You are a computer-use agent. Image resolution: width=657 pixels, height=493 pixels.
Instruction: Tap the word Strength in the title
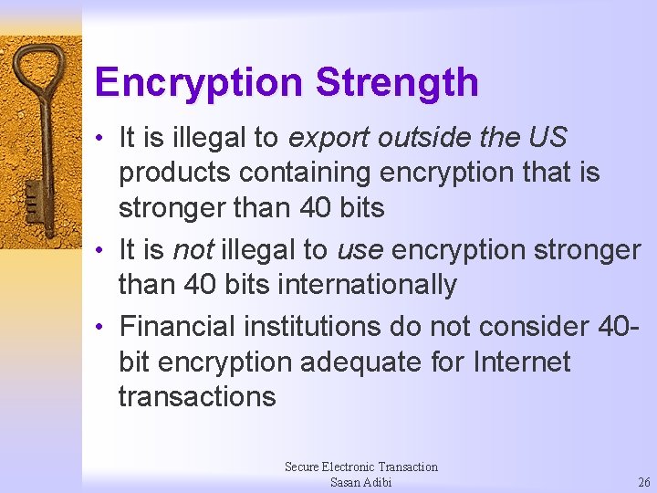(x=397, y=82)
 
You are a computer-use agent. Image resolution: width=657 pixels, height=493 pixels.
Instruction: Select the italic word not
(x=193, y=250)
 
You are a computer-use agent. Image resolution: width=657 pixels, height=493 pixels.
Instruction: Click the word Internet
(x=522, y=362)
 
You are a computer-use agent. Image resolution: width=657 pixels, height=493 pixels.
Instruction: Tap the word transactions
(x=197, y=396)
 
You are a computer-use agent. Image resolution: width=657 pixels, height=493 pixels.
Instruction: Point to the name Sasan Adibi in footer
(x=360, y=482)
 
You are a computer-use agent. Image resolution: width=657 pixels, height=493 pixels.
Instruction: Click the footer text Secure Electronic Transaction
(x=360, y=467)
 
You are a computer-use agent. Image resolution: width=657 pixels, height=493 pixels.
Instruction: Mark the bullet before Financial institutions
(x=105, y=326)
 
